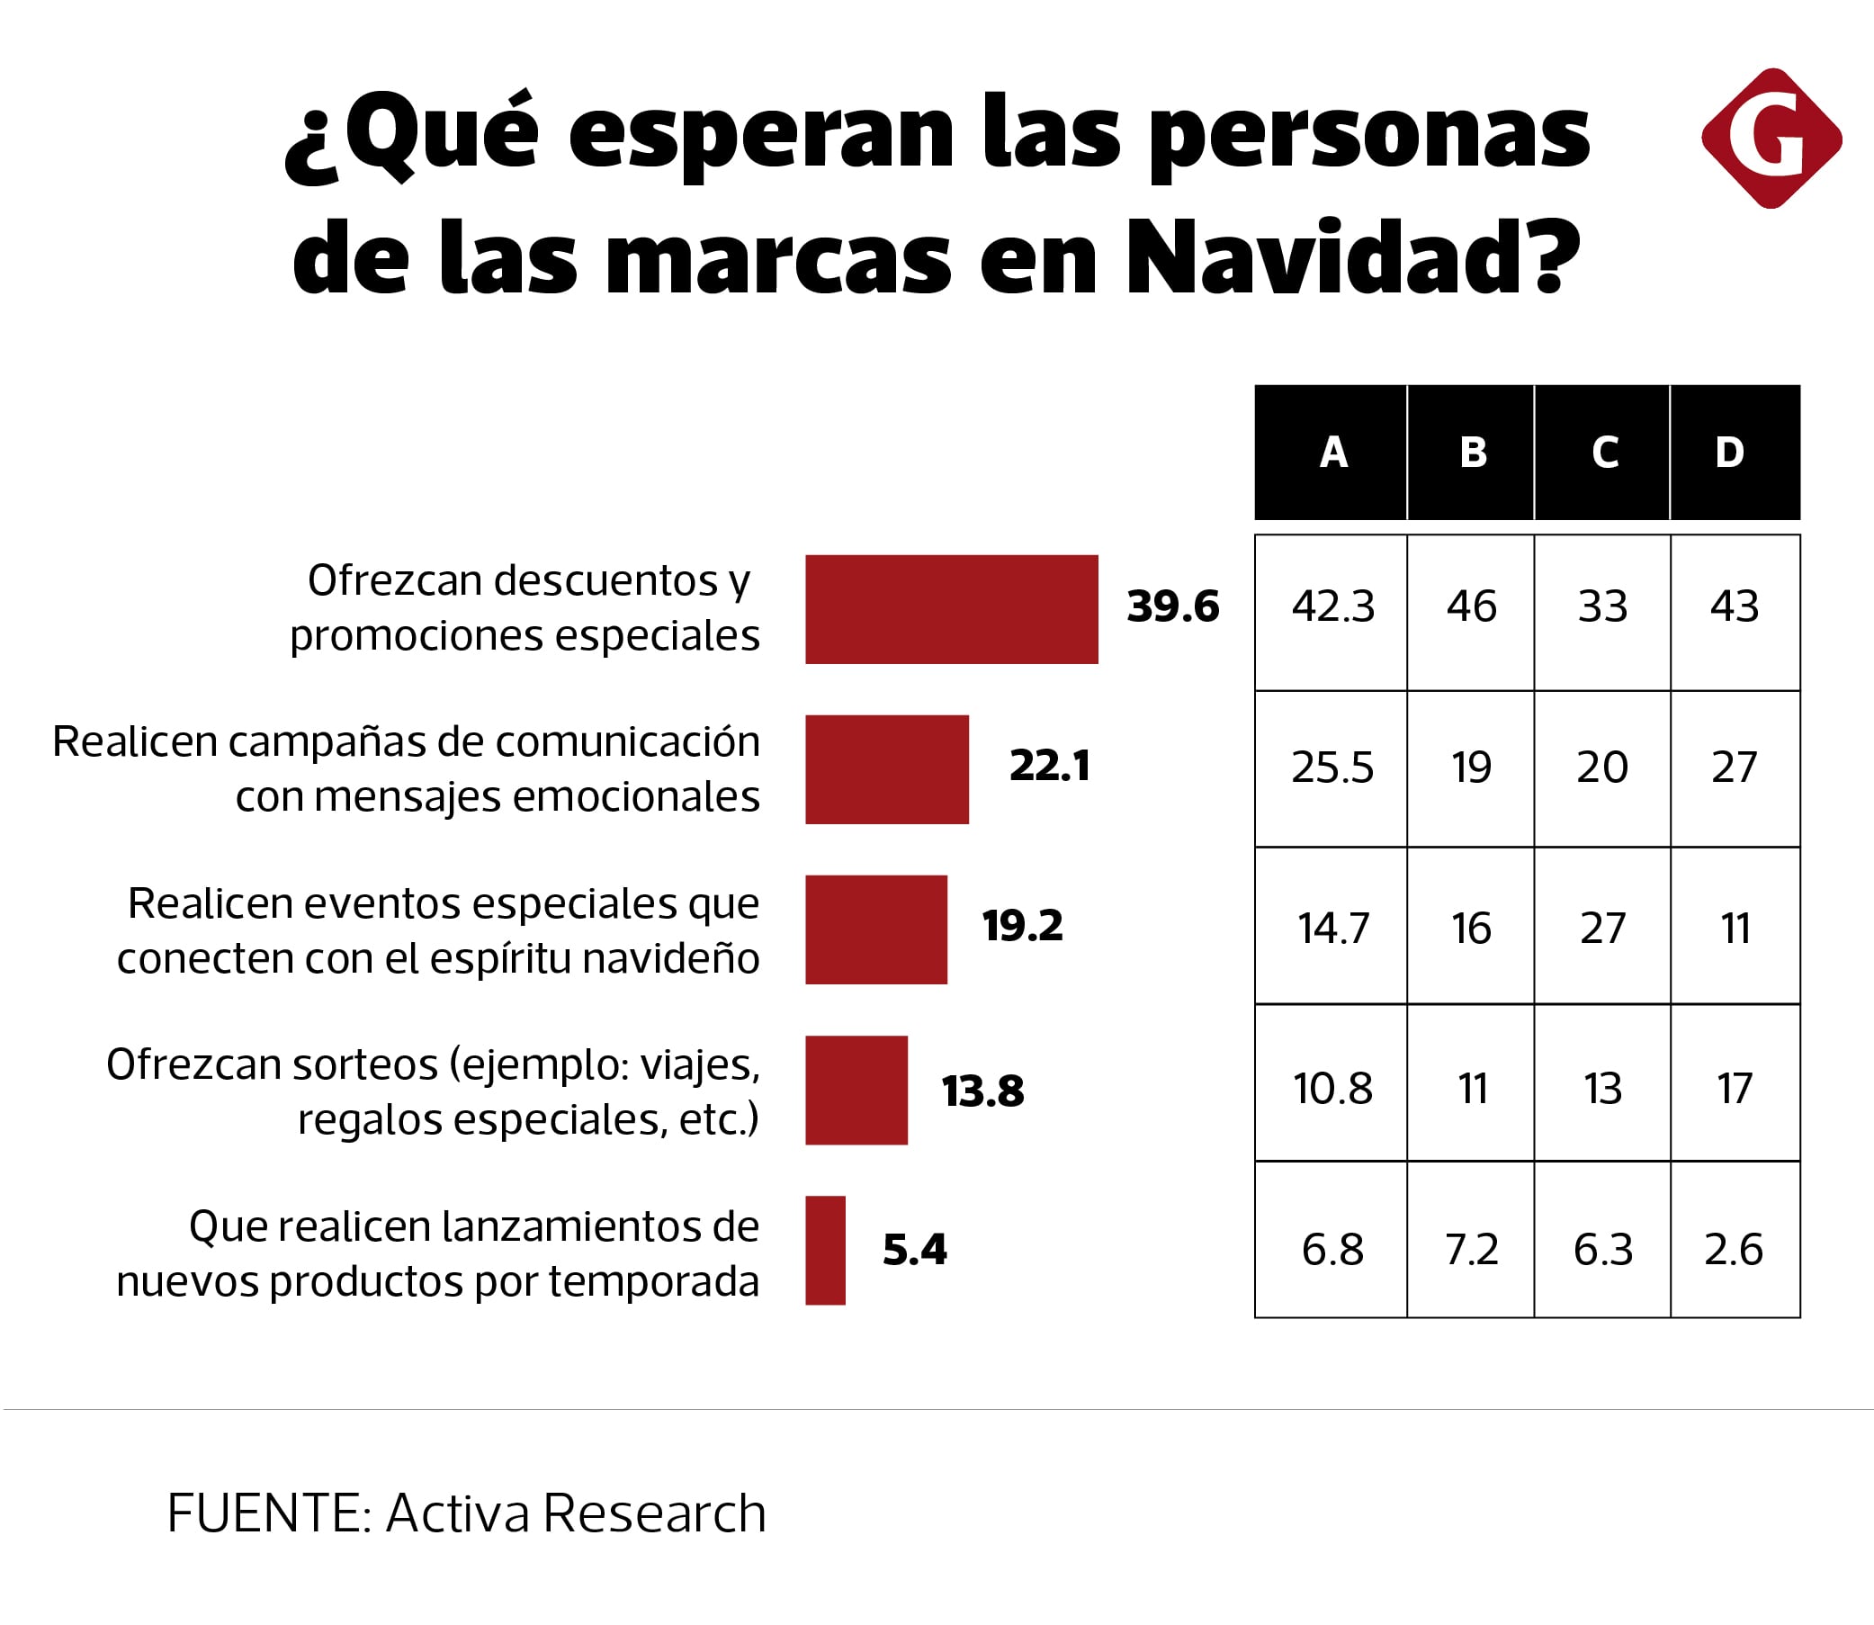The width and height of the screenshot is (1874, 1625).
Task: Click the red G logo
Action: pos(1771,139)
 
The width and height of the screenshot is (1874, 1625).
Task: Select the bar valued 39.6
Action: pos(951,609)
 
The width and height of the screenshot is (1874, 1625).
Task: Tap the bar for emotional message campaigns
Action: pos(887,769)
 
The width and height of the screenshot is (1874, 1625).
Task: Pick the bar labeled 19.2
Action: pos(875,929)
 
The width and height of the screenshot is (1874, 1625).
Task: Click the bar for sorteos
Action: pos(856,1090)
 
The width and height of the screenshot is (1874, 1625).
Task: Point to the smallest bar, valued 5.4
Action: pos(825,1251)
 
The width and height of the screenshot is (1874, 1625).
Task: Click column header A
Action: pos(1331,453)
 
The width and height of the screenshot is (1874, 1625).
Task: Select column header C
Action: pos(1603,453)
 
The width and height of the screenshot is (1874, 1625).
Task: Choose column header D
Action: pos(1734,453)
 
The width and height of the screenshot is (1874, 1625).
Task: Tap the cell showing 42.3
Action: pos(1332,606)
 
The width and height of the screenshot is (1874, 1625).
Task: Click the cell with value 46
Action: pos(1471,606)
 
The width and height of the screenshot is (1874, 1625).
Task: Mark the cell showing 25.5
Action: pos(1332,768)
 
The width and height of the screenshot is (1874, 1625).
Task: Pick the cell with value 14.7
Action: pos(1332,929)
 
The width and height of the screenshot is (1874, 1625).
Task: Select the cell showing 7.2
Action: pos(1471,1250)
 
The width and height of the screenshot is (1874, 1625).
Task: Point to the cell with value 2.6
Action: pos(1734,1250)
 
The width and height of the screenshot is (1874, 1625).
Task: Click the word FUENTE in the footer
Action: pos(265,1513)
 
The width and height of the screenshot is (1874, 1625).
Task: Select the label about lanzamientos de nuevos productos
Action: pos(438,1254)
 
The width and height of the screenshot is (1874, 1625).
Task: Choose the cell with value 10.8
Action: pos(1332,1089)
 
